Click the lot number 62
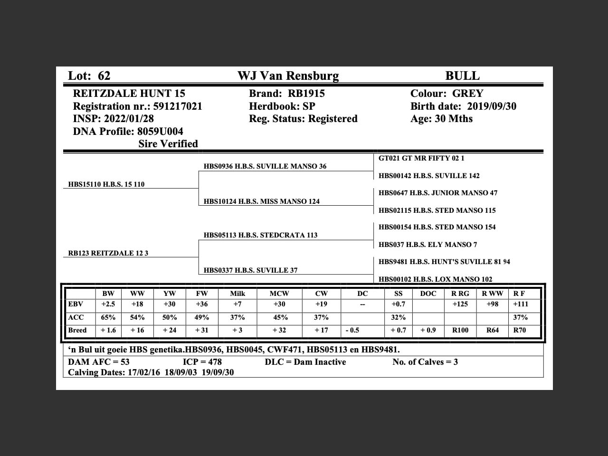(x=104, y=76)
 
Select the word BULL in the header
(x=462, y=76)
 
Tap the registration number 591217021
(x=178, y=106)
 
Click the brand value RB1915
(x=306, y=94)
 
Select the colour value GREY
(x=467, y=94)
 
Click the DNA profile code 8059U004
(x=160, y=132)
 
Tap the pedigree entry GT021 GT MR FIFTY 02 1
(x=421, y=158)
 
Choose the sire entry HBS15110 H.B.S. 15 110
(x=106, y=184)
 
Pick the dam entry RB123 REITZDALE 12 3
(x=108, y=253)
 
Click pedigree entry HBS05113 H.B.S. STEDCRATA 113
(x=261, y=235)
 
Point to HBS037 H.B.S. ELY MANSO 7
(x=428, y=245)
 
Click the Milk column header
(x=237, y=294)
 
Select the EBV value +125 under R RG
(x=460, y=304)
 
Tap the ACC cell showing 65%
(x=108, y=317)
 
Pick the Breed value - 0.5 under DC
(x=352, y=330)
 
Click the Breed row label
(x=77, y=330)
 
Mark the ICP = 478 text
(x=202, y=362)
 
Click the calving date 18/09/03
(x=180, y=372)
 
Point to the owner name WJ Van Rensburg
(x=288, y=76)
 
